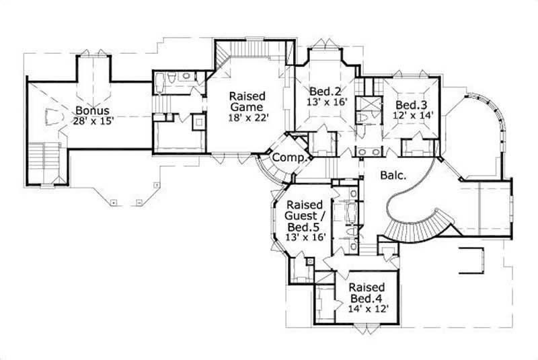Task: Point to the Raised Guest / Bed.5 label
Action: tap(307, 213)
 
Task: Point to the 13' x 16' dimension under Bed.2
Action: tap(325, 102)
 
